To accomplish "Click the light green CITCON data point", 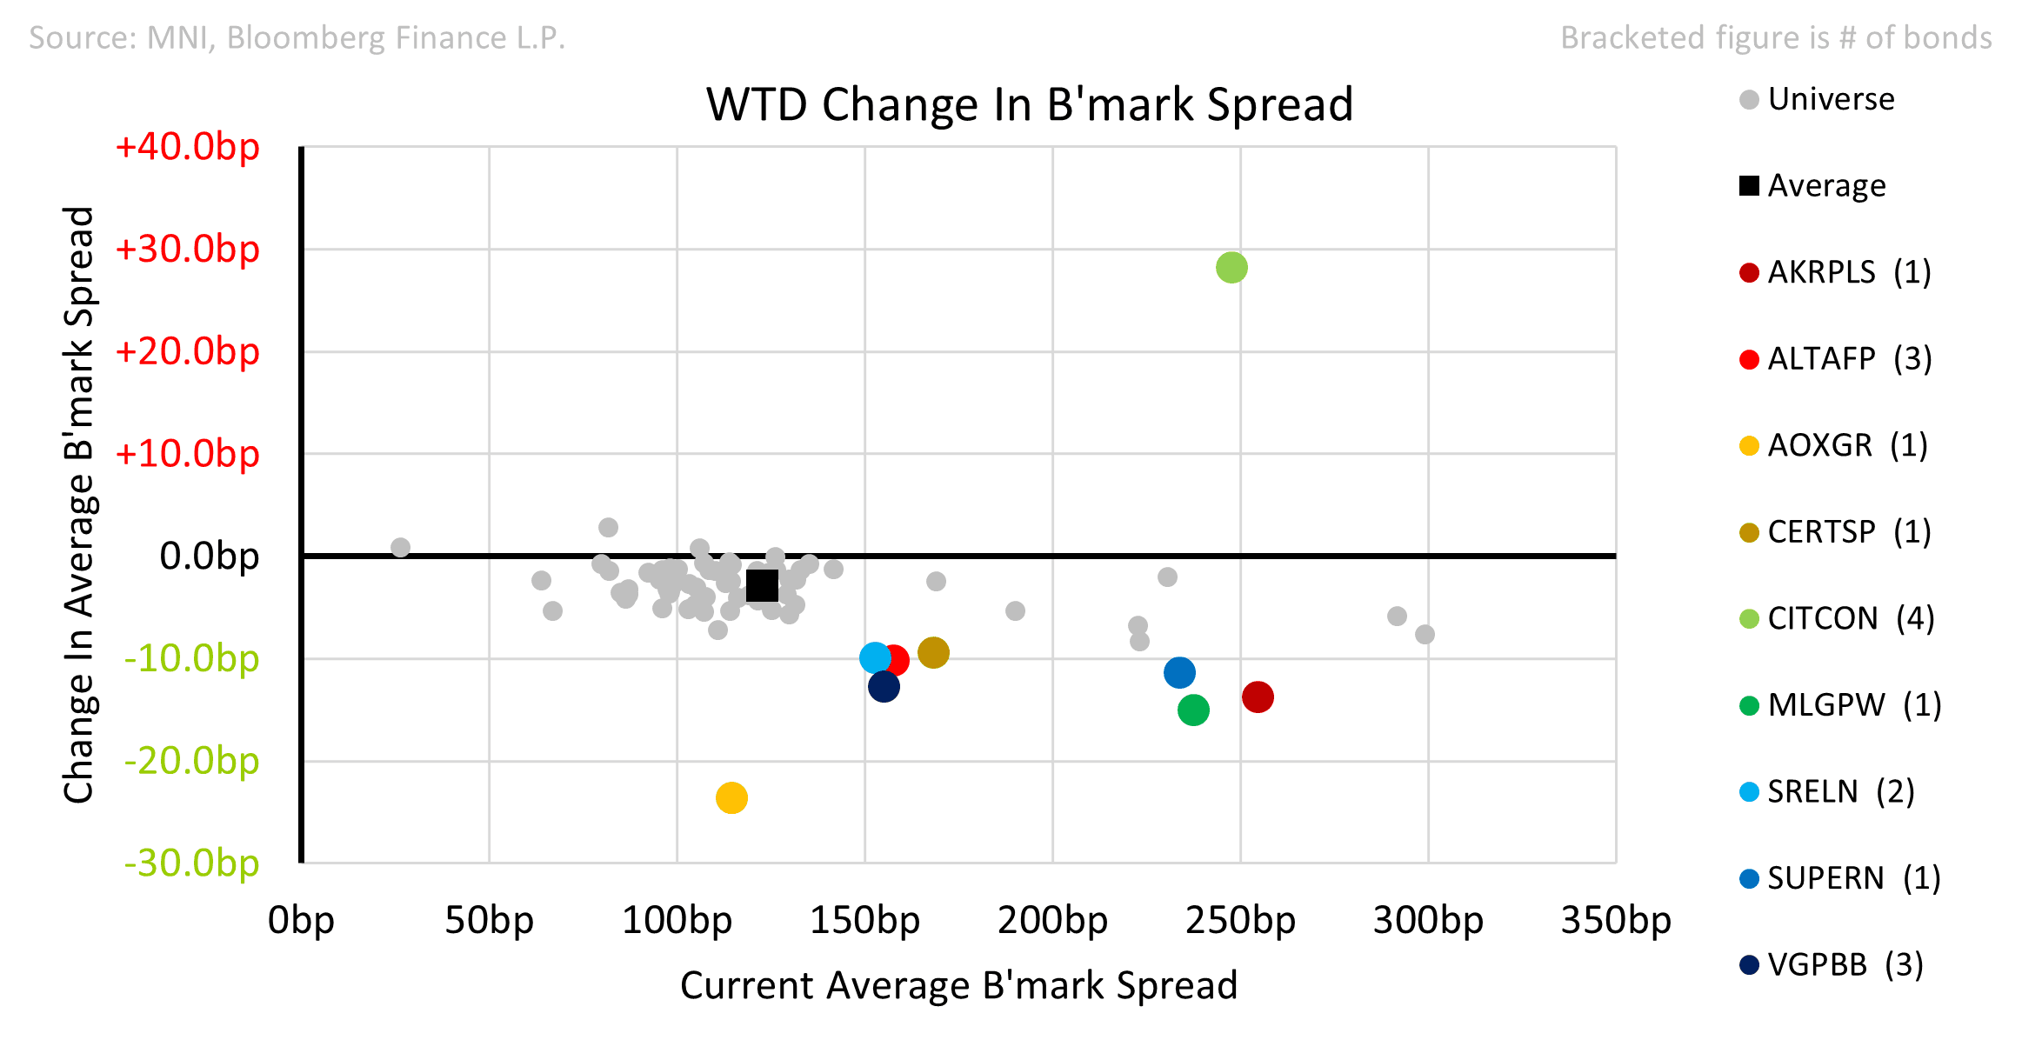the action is click(x=1231, y=268).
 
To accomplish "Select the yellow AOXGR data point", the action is click(x=731, y=797).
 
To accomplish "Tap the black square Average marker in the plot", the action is click(x=762, y=585).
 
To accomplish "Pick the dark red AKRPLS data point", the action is click(x=1258, y=697).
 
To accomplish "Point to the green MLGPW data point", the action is click(x=1193, y=710).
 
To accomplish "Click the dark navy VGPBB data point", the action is click(x=884, y=687).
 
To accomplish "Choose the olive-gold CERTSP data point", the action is click(x=933, y=652).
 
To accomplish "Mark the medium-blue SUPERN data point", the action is click(x=1179, y=672).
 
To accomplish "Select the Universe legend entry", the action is click(x=1817, y=99).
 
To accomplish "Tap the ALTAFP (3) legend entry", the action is click(x=1835, y=358).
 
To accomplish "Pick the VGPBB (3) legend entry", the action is click(x=1831, y=964).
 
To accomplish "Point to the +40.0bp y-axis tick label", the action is click(x=187, y=146).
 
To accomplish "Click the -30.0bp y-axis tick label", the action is click(x=191, y=863).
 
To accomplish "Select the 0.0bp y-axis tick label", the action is click(x=210, y=556).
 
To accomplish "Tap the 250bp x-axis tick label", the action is click(x=1240, y=920).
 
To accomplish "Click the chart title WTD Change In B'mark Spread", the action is click(x=1030, y=104).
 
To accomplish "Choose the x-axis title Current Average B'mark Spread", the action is click(x=958, y=985).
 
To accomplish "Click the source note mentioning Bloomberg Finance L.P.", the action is click(x=297, y=37).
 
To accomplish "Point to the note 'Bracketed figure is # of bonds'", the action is click(x=1776, y=37).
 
